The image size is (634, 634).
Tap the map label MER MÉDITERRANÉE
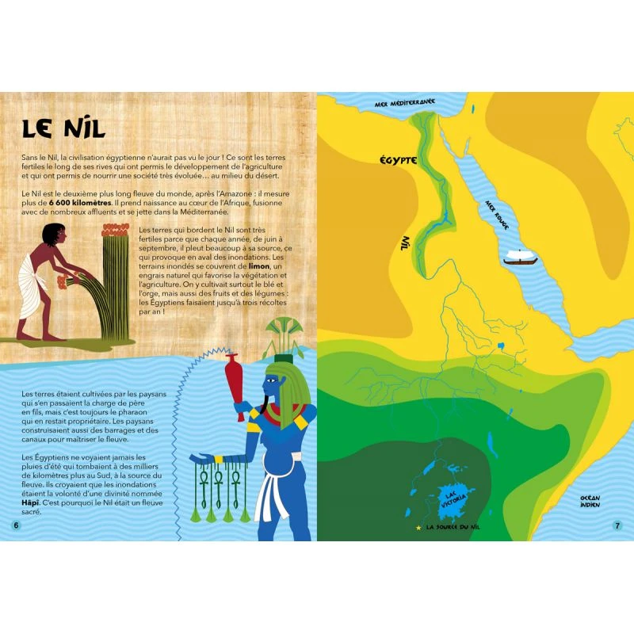coord(405,104)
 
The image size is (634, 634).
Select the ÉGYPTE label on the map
coord(397,161)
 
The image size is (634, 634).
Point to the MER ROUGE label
coord(497,214)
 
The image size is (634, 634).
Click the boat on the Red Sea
coord(521,258)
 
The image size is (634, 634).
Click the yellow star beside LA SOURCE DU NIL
coord(418,526)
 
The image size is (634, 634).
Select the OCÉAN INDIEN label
coord(590,499)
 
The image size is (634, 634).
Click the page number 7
coord(617,525)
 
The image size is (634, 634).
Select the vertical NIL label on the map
coord(406,245)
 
